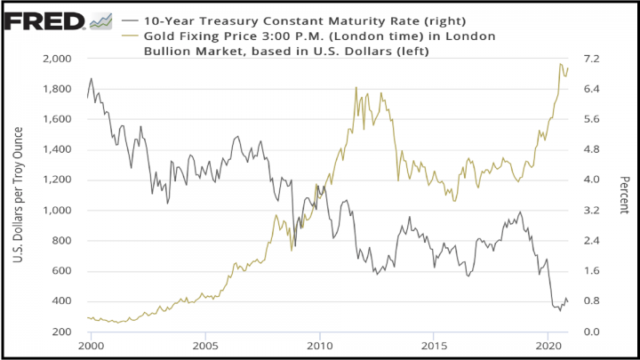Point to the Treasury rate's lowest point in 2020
pyautogui.click(x=560, y=310)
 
